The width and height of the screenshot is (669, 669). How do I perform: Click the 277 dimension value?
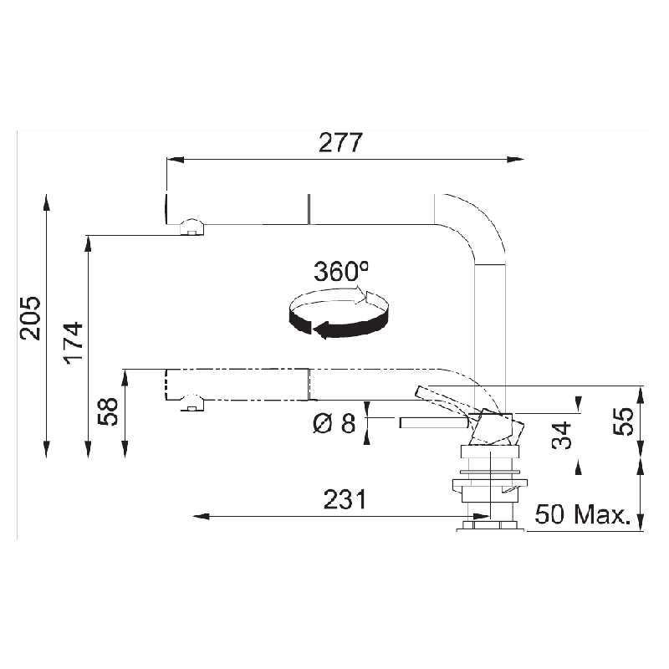coord(340,142)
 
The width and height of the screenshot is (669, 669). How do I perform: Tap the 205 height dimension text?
coord(30,318)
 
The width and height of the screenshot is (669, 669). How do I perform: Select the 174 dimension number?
coord(73,343)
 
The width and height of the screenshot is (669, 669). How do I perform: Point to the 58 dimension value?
coord(108,411)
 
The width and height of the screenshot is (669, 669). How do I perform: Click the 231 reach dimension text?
coord(345,499)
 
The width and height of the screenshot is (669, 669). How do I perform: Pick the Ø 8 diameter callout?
coord(334,424)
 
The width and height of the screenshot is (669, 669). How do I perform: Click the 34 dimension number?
coord(561,435)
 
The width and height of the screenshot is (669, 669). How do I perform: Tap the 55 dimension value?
coord(623,421)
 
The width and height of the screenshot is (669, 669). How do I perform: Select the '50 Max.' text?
coord(582,514)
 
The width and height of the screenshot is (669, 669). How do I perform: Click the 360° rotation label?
coord(341,271)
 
